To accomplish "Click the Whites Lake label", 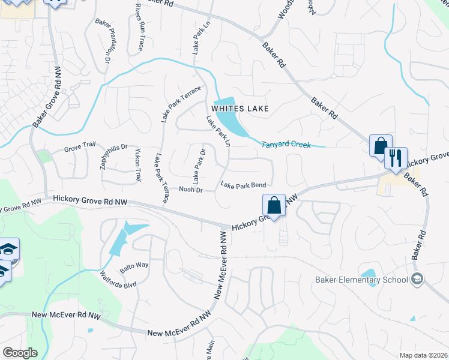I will point(239,109).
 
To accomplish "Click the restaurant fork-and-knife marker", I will point(396,159).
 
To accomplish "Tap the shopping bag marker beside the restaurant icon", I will point(380,146).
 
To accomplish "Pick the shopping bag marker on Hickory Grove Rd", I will point(274,205).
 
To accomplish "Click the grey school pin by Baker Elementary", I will point(417,279).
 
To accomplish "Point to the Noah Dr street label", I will point(191,190).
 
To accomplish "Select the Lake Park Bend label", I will point(243,185).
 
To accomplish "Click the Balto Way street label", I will point(134,266).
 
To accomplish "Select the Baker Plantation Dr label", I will point(103,41).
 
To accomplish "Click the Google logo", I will point(20,353).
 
